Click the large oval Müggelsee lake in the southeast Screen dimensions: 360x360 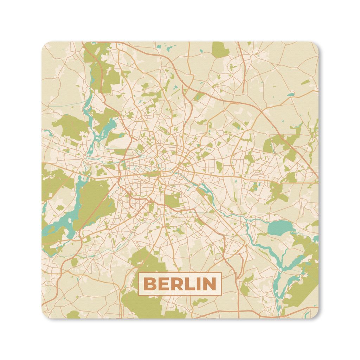tap(279, 228)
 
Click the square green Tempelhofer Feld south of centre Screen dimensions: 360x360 tap(172, 200)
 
